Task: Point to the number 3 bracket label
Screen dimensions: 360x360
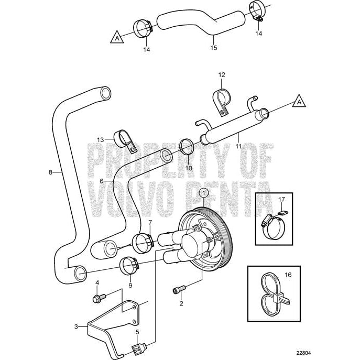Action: pyautogui.click(x=77, y=326)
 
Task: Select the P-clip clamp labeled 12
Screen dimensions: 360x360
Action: pyautogui.click(x=221, y=100)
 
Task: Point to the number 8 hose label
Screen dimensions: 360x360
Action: pyautogui.click(x=50, y=171)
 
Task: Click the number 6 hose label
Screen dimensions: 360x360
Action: pyautogui.click(x=103, y=180)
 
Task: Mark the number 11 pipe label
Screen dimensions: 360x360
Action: pyautogui.click(x=238, y=146)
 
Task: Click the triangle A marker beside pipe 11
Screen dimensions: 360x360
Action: pyautogui.click(x=298, y=100)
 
